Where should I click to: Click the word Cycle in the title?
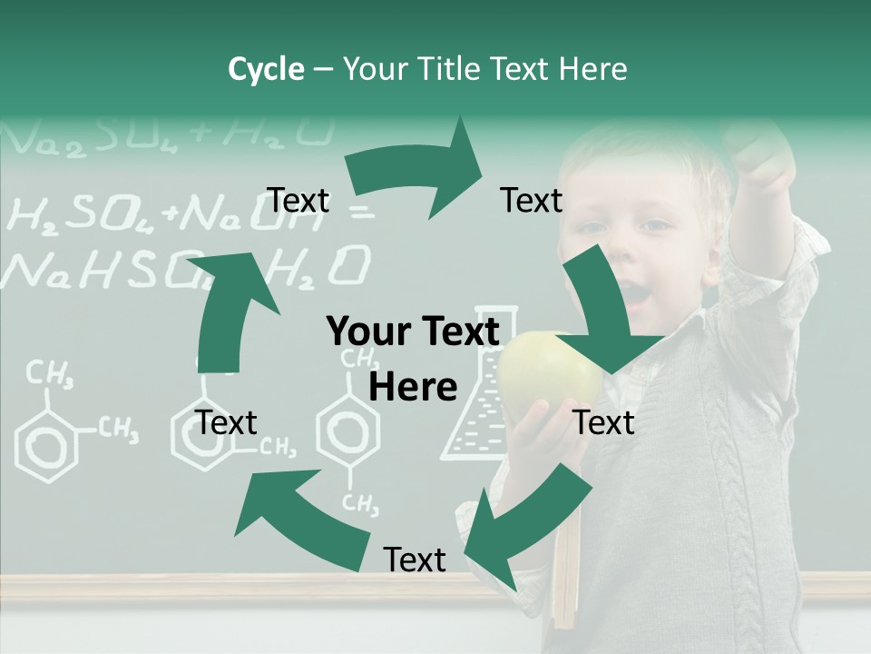coord(266,69)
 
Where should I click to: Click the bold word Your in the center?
coord(367,332)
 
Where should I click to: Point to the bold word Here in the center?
coord(413,387)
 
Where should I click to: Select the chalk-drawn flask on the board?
coord(476,400)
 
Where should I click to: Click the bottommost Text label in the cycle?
coord(415,560)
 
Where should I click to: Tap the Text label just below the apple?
coord(604,422)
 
